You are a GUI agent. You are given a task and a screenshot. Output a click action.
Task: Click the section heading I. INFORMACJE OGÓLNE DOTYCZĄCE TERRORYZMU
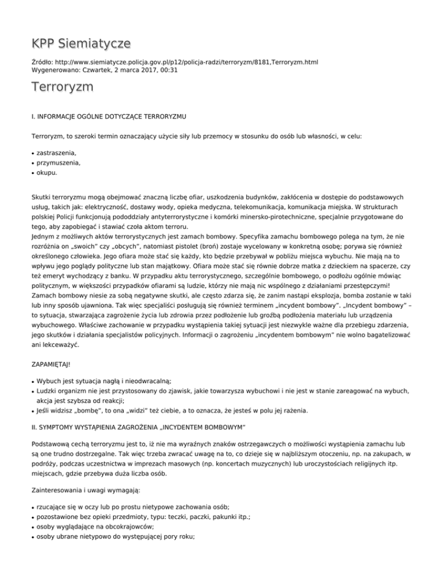tap(109, 116)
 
